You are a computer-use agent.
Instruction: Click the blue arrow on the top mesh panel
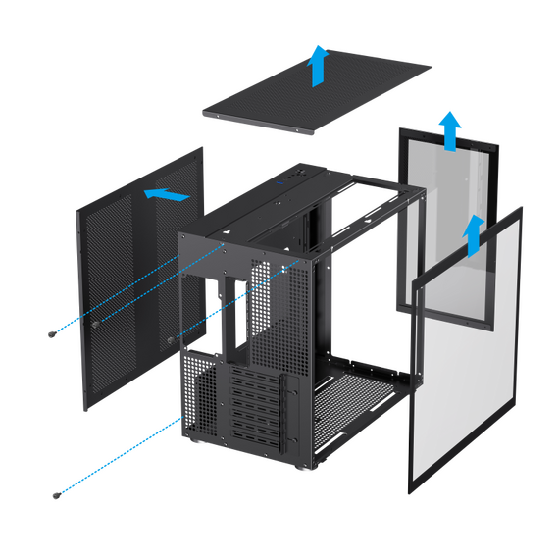coord(317,67)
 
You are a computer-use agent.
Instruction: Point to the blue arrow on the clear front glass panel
coord(473,233)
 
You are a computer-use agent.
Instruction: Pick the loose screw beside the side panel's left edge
coord(52,333)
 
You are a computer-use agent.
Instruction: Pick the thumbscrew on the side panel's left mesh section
coord(94,321)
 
